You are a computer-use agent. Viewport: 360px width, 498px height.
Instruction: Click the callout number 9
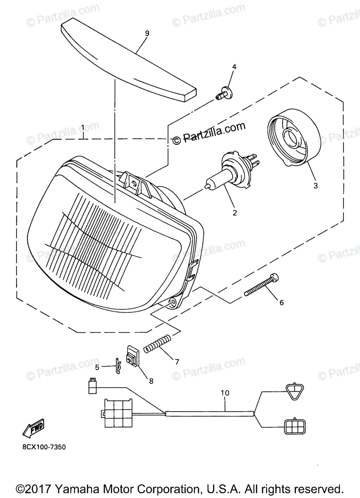pos(147,33)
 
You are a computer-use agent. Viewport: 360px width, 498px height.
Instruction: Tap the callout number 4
pos(234,66)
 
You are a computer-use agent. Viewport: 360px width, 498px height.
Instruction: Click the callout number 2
pos(235,212)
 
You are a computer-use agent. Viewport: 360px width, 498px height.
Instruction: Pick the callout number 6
pos(281,303)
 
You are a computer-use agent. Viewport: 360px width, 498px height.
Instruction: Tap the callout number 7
pos(177,361)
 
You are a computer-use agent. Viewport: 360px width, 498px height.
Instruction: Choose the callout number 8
pos(151,380)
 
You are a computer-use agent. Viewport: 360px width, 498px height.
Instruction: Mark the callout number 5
pos(97,367)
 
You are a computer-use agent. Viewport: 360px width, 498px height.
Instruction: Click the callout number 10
pos(225,392)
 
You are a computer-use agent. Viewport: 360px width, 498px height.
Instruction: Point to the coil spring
pos(157,343)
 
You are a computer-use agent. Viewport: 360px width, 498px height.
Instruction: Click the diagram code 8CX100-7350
pos(42,447)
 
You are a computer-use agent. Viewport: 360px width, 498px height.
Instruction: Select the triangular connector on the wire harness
pos(294,392)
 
